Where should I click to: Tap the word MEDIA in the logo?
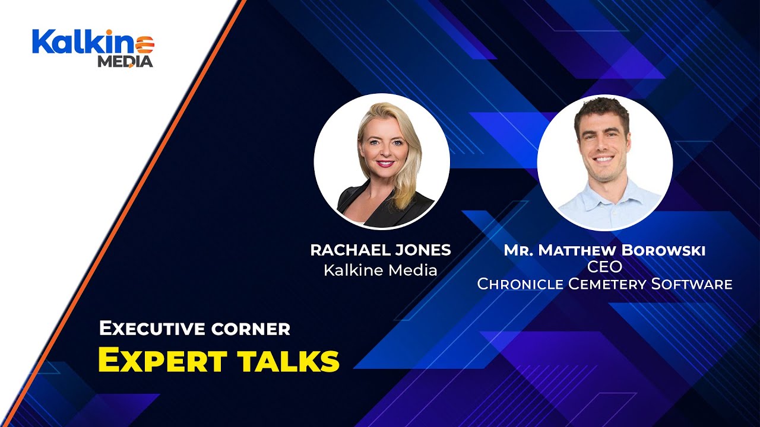[x=125, y=61]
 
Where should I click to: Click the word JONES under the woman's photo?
[x=425, y=250]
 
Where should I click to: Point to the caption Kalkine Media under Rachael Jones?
[x=381, y=270]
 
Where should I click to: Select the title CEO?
[x=604, y=267]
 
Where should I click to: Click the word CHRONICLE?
[x=520, y=284]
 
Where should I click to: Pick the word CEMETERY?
[x=607, y=284]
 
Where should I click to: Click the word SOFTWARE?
[x=692, y=284]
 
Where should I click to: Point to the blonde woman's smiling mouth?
[x=384, y=162]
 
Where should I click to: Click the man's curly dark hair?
[x=601, y=110]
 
